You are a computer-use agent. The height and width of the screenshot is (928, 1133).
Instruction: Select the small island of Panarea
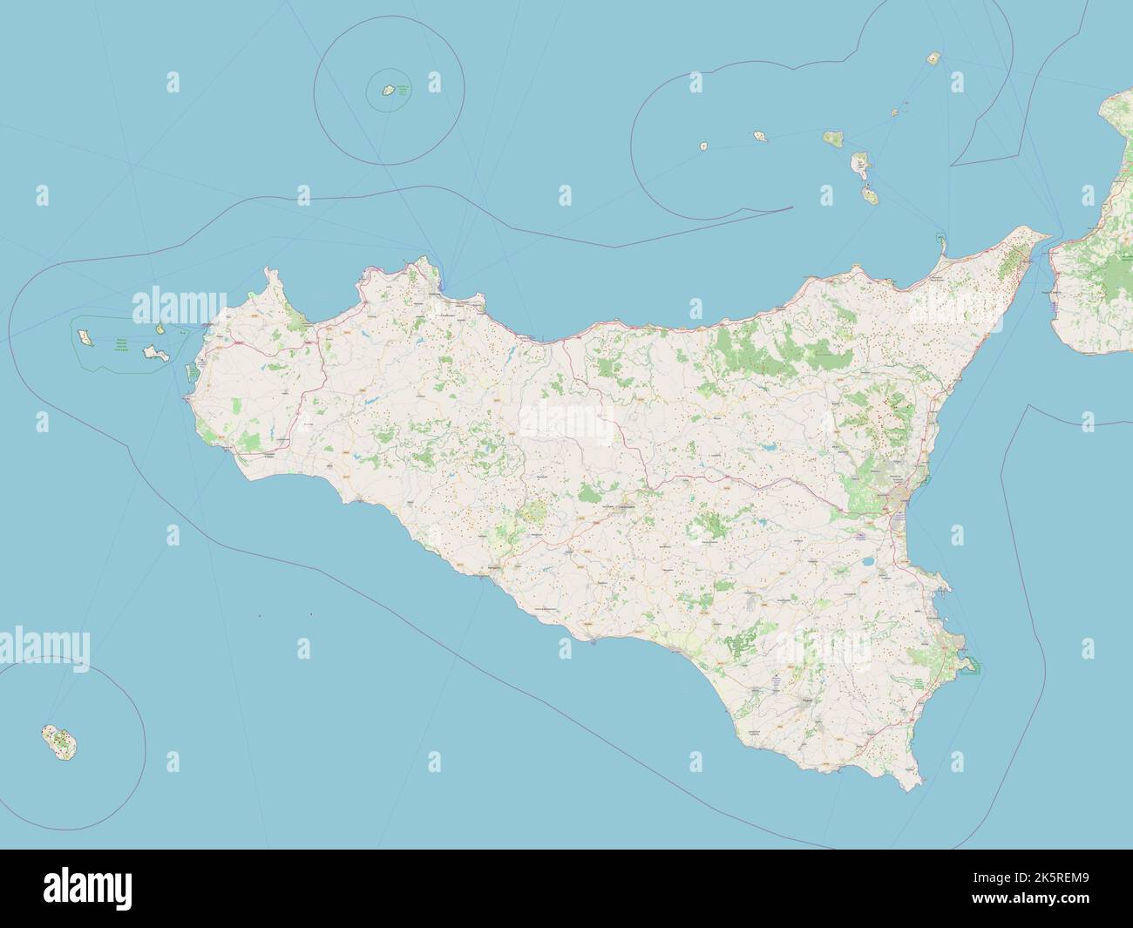(x=895, y=112)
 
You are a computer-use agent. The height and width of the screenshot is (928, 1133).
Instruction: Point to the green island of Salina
(x=832, y=137)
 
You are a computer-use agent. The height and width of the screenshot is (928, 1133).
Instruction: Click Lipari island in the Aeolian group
(x=860, y=165)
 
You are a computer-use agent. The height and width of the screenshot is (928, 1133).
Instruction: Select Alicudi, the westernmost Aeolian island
(x=703, y=147)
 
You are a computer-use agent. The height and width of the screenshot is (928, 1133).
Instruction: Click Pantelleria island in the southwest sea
(x=58, y=741)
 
